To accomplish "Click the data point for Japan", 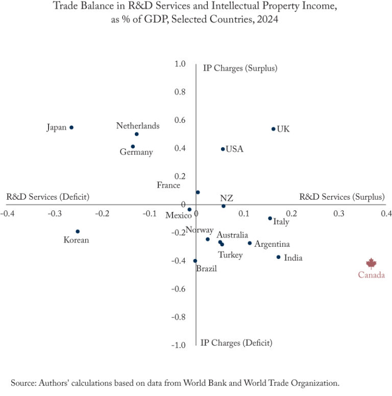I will [71, 127].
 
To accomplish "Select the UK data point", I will [274, 129].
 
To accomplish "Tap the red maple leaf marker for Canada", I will [371, 263].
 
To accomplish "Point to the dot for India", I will [278, 257].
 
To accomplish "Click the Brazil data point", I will [195, 261].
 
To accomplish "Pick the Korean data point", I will [78, 231].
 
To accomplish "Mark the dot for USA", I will [223, 149].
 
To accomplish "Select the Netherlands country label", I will [138, 126].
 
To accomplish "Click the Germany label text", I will [136, 152].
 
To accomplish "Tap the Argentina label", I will [272, 245].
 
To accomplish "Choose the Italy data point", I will [270, 218].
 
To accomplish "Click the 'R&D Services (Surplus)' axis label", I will [341, 197].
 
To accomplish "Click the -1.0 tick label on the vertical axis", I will [178, 345].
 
